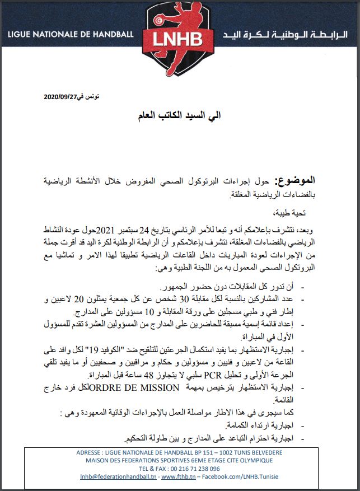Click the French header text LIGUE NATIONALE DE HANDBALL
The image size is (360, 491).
tap(71, 34)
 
